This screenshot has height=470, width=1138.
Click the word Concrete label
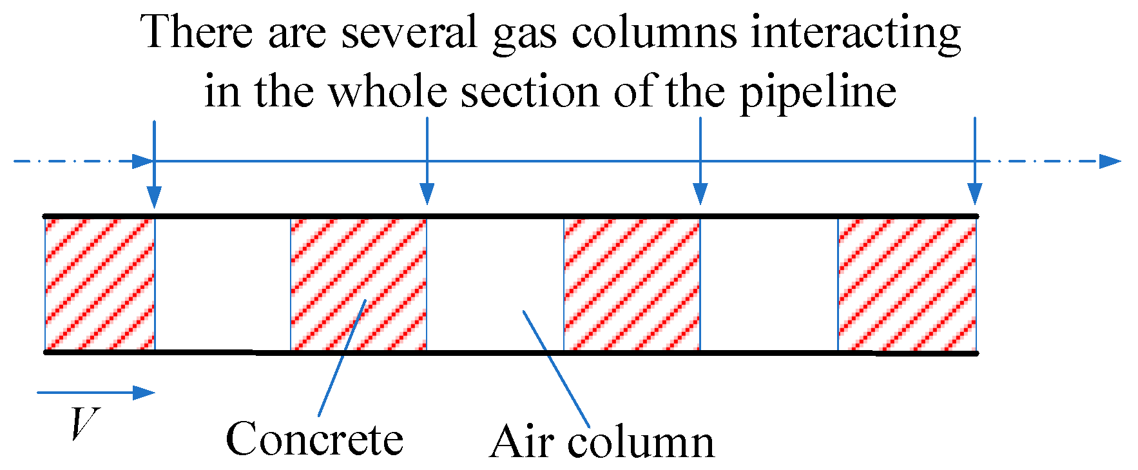[x=314, y=440]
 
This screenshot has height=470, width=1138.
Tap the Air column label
[x=602, y=442]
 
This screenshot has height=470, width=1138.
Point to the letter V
[x=84, y=425]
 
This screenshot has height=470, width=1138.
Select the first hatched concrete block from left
[x=100, y=284]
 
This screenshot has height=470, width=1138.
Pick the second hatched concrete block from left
[x=358, y=284]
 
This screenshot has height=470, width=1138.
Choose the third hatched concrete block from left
[x=632, y=284]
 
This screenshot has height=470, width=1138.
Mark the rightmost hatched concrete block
[x=907, y=284]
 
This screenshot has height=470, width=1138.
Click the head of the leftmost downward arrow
[x=153, y=194]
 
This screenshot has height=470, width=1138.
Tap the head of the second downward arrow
[x=427, y=194]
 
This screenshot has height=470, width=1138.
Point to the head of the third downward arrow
[x=700, y=194]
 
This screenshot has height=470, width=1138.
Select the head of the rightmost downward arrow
[x=975, y=194]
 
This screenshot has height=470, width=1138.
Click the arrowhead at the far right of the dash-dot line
[x=1110, y=161]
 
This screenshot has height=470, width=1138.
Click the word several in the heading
[x=409, y=32]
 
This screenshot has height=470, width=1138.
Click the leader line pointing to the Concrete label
[x=342, y=358]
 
